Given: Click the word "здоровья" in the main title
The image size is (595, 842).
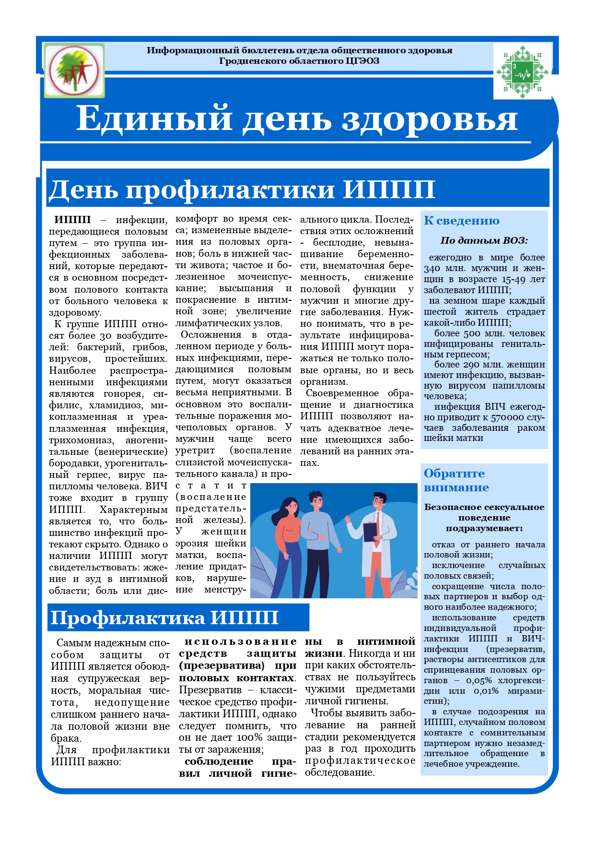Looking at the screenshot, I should point(429,119).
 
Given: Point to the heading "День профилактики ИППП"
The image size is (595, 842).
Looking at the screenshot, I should point(242,189).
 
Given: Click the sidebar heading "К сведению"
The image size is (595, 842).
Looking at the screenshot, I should point(461,221).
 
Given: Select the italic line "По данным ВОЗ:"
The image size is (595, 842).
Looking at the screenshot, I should point(484,240).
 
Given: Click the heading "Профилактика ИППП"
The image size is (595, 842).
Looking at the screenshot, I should point(164,617).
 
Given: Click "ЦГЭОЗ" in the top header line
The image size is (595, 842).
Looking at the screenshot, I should point(362,61).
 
